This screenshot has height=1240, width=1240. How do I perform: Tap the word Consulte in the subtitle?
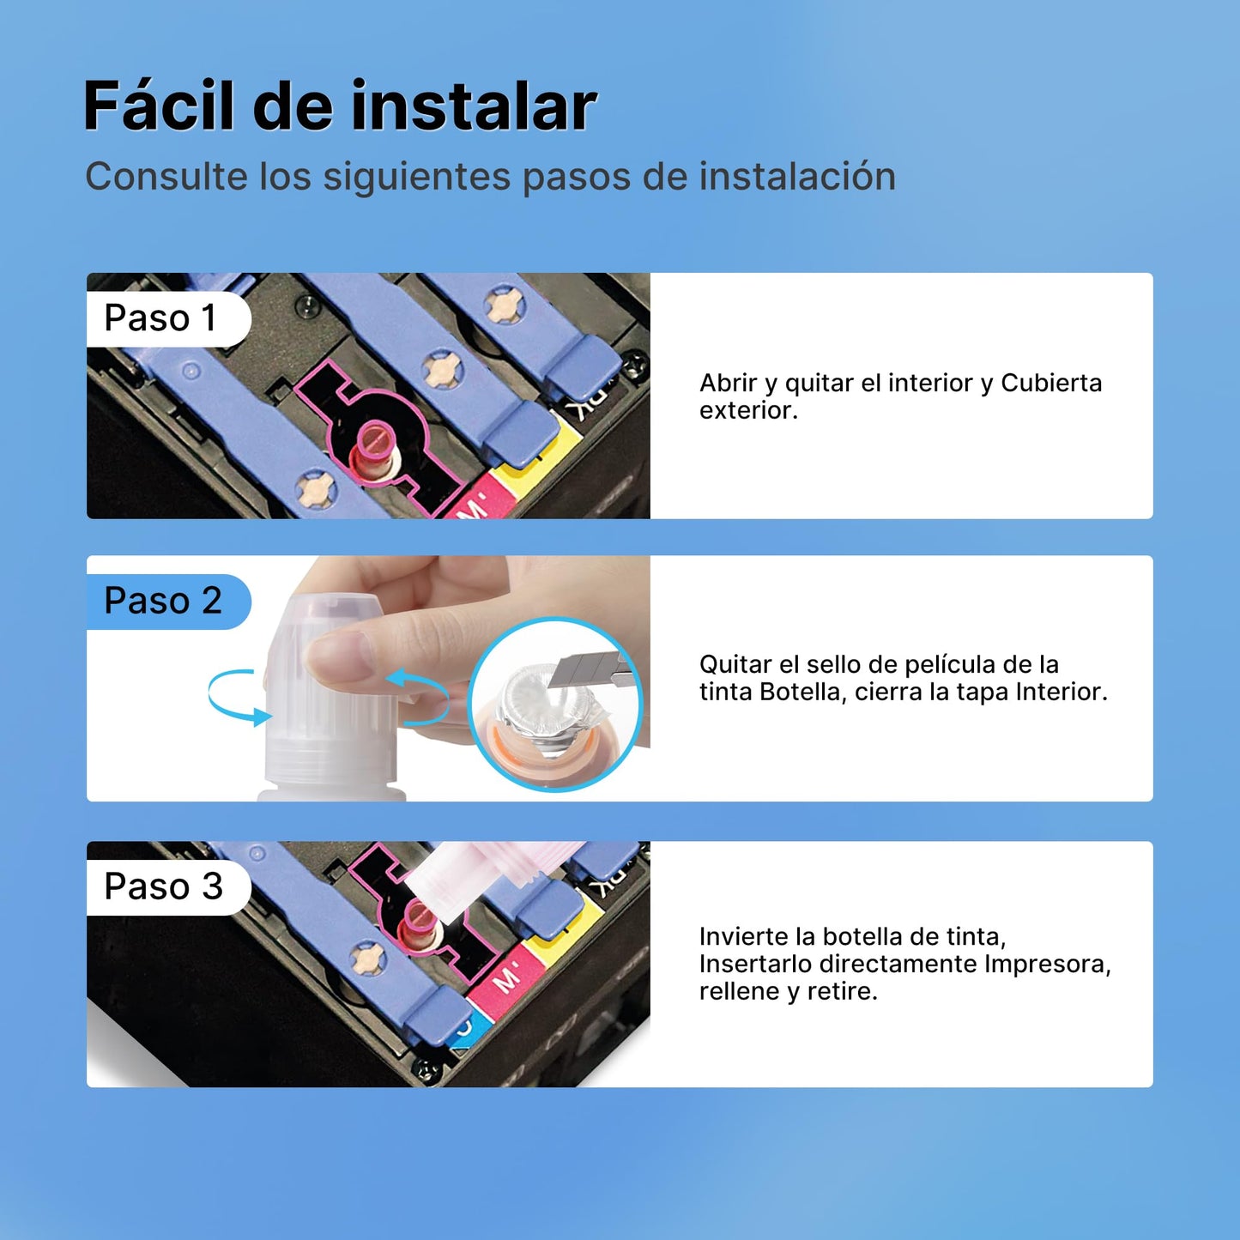coord(166,176)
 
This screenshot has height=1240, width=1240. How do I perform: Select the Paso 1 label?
coord(160,318)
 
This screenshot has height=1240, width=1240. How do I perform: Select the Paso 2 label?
coord(163,601)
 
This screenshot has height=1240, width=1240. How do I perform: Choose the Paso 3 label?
coord(163,886)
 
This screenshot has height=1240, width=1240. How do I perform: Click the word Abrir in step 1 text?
coord(729,383)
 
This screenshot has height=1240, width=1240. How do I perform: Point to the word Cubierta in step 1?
coord(1051,383)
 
